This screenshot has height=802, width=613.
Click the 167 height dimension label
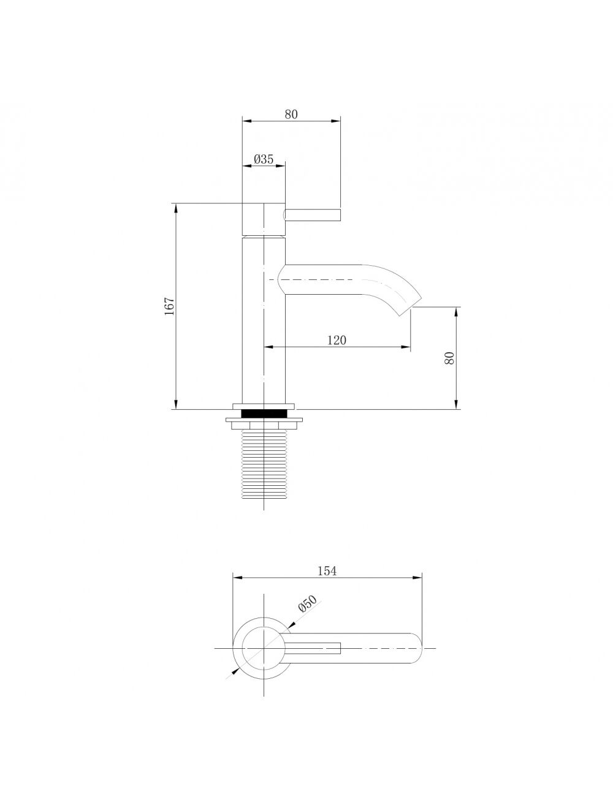coord(170,306)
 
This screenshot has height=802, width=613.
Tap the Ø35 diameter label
coord(264,159)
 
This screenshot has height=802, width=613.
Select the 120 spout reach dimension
coord(337,340)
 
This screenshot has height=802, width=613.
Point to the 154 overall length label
coord(327,570)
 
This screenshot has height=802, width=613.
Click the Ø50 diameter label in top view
coord(306,605)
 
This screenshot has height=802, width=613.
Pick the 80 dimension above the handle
coord(291,114)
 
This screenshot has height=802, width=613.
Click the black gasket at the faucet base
coord(264,413)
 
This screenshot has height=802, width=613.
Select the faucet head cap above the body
coord(264,218)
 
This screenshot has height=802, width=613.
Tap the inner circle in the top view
coord(264,648)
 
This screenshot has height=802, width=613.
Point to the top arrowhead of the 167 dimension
coord(176,208)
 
